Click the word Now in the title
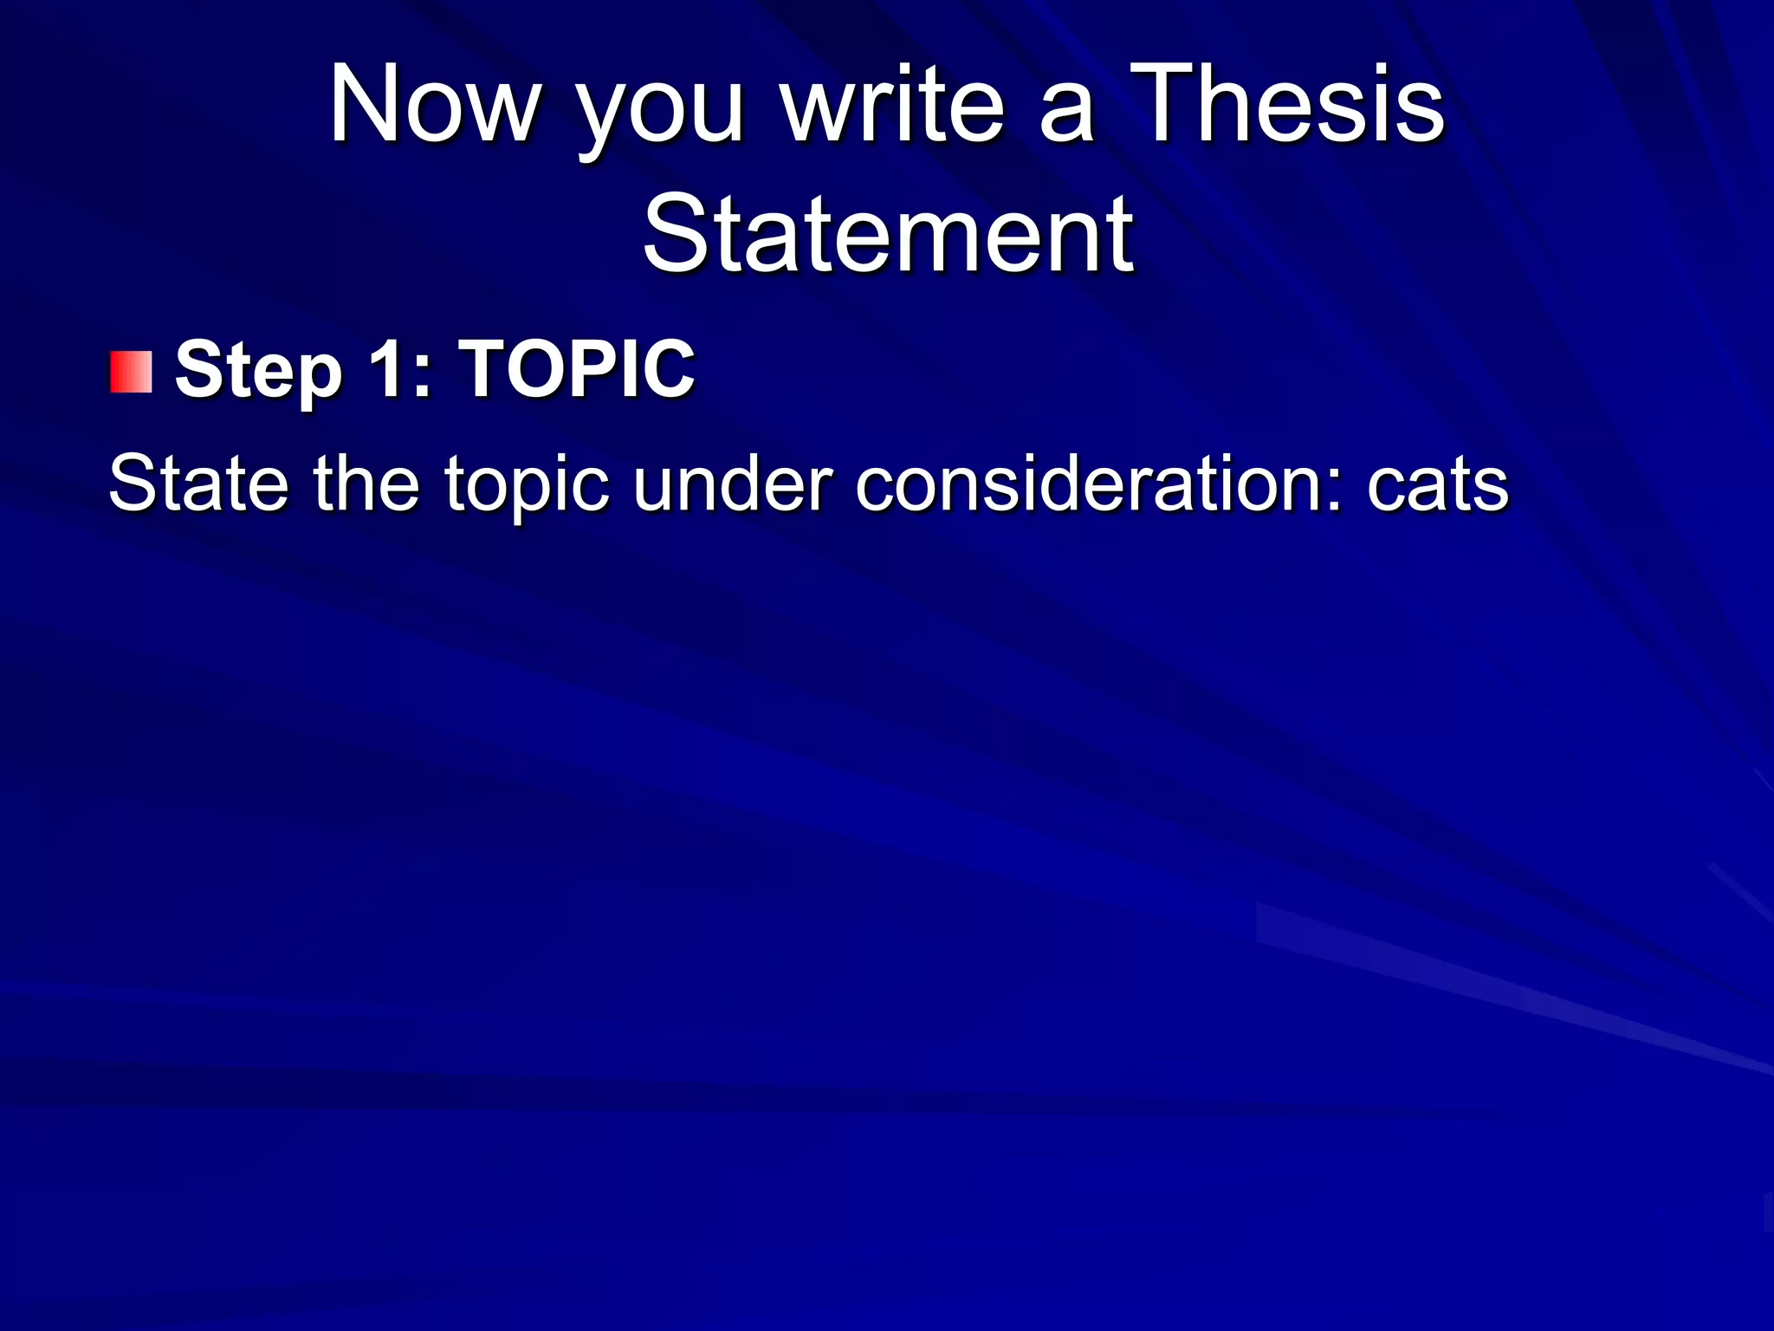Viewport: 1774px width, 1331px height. pos(434,106)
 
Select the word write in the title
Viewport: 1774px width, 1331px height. pos(892,106)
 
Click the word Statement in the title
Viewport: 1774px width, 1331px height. pos(888,234)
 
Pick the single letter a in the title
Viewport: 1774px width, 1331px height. pos(1066,117)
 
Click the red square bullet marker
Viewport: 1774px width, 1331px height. pos(132,373)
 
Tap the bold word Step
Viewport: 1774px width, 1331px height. pos(258,371)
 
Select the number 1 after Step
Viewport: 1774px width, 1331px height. pos(386,368)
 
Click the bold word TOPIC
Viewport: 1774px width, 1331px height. pos(577,368)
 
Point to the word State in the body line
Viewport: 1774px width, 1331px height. pos(198,483)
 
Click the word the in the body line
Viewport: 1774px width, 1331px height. pos(366,483)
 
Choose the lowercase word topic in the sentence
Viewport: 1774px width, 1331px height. pos(528,485)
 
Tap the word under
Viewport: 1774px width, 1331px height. pos(731,483)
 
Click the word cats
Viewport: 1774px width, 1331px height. pos(1438,485)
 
